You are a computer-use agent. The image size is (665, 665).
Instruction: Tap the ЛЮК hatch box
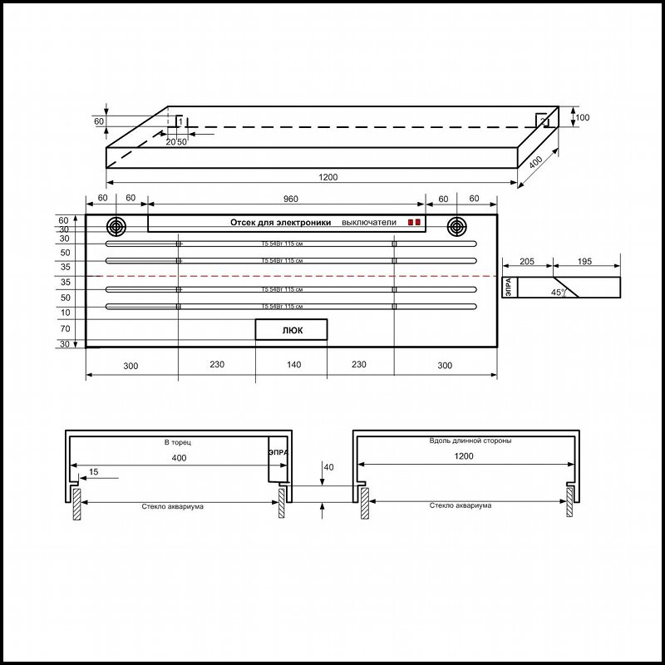[291, 330]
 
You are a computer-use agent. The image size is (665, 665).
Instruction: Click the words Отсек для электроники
[280, 223]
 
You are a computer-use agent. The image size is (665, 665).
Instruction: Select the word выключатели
[369, 223]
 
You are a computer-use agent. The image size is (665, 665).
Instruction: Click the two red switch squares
[413, 223]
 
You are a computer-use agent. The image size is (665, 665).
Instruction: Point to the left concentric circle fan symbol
[116, 226]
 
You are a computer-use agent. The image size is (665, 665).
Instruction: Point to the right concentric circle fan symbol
[456, 226]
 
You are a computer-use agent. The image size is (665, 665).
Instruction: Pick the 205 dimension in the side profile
[526, 262]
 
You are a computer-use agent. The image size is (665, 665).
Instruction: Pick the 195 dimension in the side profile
[584, 262]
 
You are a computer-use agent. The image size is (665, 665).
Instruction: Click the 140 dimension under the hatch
[291, 365]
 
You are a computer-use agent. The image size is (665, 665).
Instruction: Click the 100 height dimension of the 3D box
[582, 118]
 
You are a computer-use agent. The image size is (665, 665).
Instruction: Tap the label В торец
[179, 443]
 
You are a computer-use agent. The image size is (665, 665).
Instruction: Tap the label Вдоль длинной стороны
[465, 441]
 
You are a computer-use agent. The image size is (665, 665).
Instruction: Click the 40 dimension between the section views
[328, 468]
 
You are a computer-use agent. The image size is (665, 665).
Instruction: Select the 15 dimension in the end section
[93, 472]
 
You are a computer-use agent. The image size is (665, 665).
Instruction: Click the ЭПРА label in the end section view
[278, 453]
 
